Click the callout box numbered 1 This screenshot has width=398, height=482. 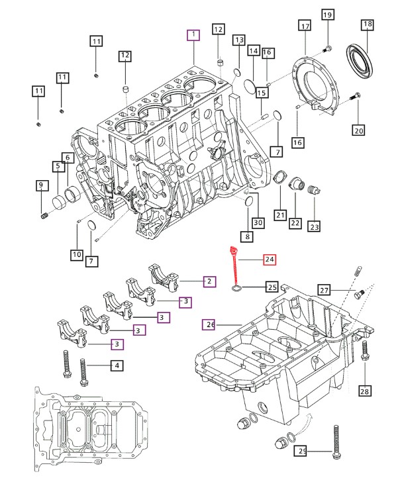[x=193, y=34]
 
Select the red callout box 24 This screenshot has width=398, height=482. [x=270, y=260]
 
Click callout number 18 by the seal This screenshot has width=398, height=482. [x=368, y=24]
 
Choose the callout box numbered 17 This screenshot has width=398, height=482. [x=305, y=26]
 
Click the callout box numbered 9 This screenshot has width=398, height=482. [x=41, y=185]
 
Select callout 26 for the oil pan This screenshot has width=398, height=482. [x=209, y=324]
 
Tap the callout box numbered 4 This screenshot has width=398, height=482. [x=117, y=365]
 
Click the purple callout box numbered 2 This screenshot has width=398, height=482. [x=209, y=281]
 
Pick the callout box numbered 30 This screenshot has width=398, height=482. [x=258, y=222]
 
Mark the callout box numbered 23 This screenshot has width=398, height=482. [x=315, y=226]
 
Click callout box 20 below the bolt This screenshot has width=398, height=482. [x=359, y=130]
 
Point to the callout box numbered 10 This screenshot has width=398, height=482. [x=77, y=254]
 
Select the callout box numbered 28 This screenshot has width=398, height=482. [x=364, y=391]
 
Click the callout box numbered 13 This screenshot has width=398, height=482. [x=239, y=40]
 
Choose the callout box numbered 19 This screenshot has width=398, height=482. [x=327, y=15]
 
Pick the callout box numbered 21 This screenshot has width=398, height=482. [x=280, y=215]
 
